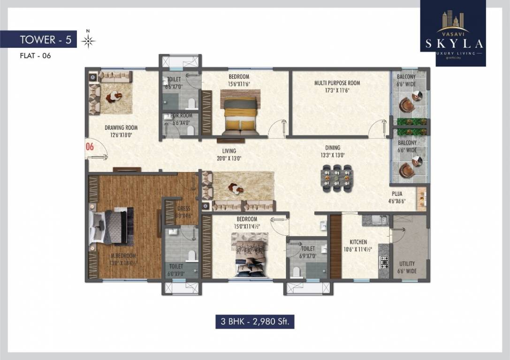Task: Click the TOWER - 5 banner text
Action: coord(46,40)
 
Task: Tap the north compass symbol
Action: coord(88,41)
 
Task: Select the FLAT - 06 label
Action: coord(35,56)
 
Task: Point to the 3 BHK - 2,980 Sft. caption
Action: coord(255,322)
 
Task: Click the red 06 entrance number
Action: coord(90,147)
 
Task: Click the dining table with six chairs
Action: coord(336,179)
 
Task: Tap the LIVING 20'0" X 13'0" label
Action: coord(229,154)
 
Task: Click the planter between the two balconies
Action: coord(410,127)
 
